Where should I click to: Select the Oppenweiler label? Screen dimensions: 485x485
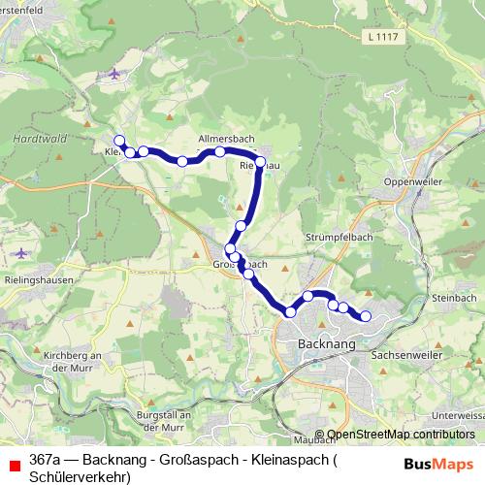pos(415,181)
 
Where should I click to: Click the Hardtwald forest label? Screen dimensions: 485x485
pos(40,139)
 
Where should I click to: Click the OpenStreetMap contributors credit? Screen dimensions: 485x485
pos(400,436)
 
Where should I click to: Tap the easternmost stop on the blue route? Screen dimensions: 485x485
pos(366,316)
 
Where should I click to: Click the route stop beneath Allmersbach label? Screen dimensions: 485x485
pos(220,152)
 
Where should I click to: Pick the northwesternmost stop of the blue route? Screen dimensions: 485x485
pos(119,141)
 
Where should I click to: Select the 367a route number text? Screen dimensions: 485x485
pos(45,458)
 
